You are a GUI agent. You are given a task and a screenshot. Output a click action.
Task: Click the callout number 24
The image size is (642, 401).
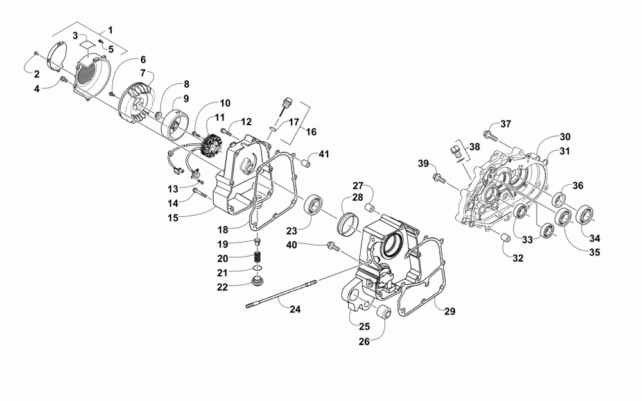295,309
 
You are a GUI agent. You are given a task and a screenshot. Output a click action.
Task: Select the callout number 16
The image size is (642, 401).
311,131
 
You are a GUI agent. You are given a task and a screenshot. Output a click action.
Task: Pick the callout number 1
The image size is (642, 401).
110,30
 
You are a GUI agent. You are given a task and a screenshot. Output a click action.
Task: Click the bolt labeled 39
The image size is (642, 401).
438,175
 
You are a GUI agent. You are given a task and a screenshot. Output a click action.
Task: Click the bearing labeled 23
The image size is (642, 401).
315,203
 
